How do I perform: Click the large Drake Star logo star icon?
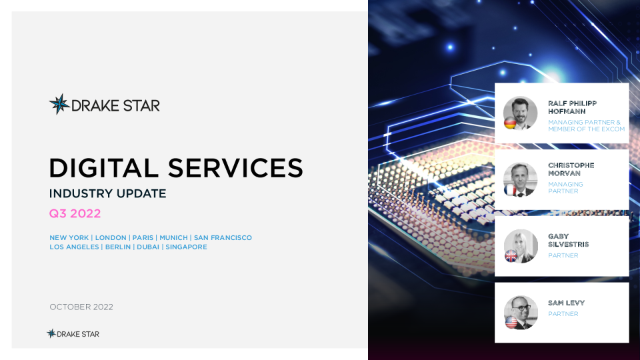pos(59,104)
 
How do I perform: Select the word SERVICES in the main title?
pos(235,168)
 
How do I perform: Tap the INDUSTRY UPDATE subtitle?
pos(108,193)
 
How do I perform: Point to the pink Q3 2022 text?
pos(75,213)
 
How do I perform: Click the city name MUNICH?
pos(173,237)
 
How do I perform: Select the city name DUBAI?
pos(148,247)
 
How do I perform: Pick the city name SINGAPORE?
pos(186,247)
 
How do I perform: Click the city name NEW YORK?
pos(69,237)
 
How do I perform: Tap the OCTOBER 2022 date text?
pos(81,307)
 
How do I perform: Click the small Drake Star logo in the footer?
pos(73,334)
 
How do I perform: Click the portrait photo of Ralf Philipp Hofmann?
pos(521,113)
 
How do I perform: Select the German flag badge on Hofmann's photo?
pos(510,123)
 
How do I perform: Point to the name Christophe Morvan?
pos(571,169)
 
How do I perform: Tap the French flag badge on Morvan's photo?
pos(510,190)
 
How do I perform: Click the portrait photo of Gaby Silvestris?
pos(521,246)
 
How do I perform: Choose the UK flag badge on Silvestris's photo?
pos(511,256)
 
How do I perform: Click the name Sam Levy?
pos(566,303)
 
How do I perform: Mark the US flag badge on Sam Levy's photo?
pos(511,322)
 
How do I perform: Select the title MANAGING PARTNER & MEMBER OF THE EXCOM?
pos(586,126)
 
